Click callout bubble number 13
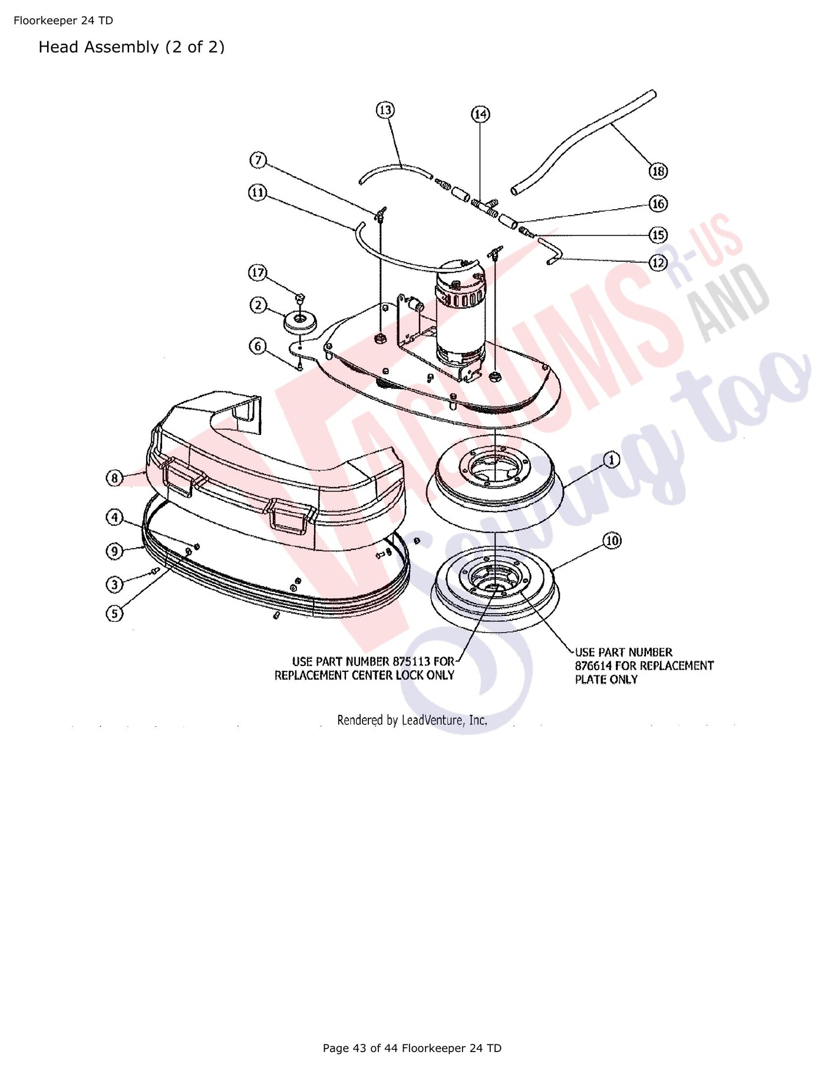pos(385,110)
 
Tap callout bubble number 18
pos(658,172)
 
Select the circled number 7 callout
pos(258,160)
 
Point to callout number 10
pos(612,540)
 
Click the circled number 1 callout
pos(612,459)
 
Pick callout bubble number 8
pos(114,477)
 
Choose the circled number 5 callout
pos(114,614)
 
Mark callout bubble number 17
pos(258,273)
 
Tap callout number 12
pos(658,262)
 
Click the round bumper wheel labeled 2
pos(301,322)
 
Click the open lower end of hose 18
pos(516,190)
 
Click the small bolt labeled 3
pos(156,571)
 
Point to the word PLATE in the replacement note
pos(590,679)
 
